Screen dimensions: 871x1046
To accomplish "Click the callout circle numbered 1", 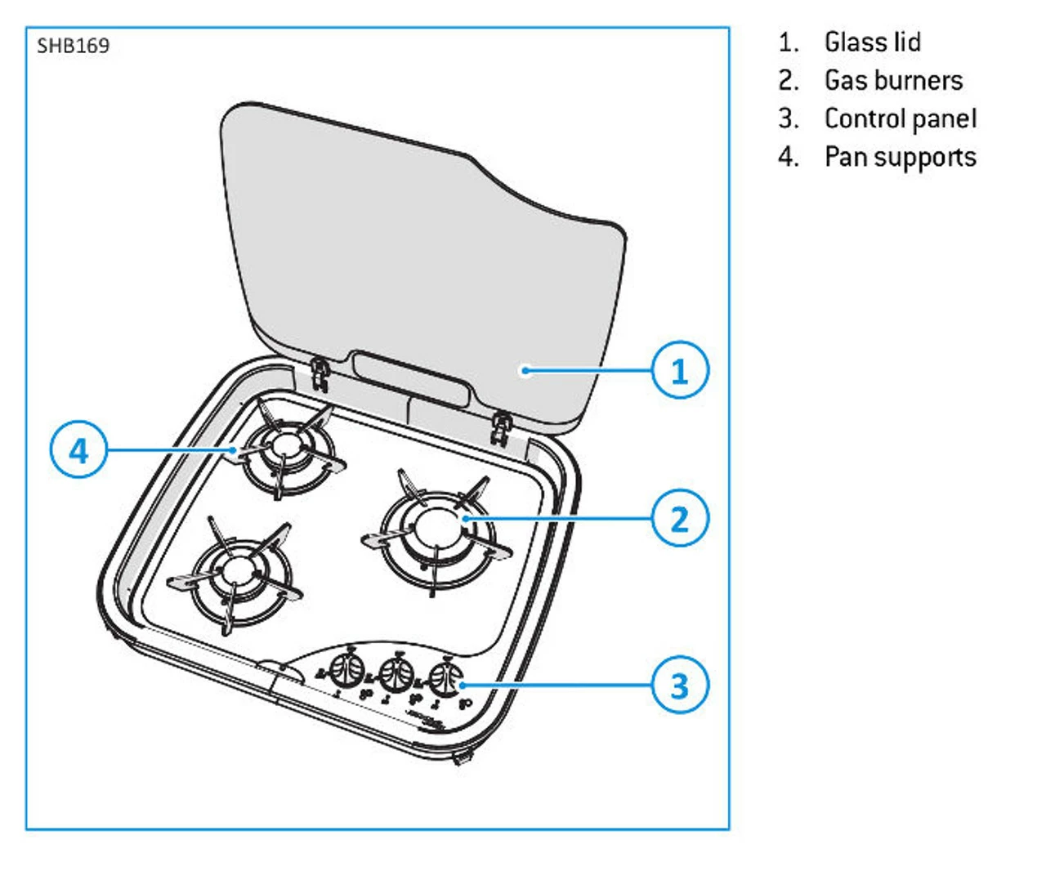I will pyautogui.click(x=680, y=370).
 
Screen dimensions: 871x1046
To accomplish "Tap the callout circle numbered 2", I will pyautogui.click(x=680, y=518).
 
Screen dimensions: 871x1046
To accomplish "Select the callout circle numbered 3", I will pyautogui.click(x=680, y=685).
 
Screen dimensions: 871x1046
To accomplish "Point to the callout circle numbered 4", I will pyautogui.click(x=78, y=450).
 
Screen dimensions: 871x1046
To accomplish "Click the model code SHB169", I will pyautogui.click(x=73, y=46).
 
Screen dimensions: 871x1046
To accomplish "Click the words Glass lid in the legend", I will pyautogui.click(x=872, y=42).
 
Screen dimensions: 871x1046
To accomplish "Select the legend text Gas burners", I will pyautogui.click(x=893, y=80).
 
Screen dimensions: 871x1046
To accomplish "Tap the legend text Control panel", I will pyautogui.click(x=901, y=118).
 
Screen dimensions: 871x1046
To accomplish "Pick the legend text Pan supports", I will pyautogui.click(x=901, y=157).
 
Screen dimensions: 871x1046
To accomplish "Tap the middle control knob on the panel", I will pyautogui.click(x=396, y=674).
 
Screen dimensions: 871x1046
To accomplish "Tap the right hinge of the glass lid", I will pyautogui.click(x=499, y=427).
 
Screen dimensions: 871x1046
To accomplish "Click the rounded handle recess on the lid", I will pyautogui.click(x=411, y=380).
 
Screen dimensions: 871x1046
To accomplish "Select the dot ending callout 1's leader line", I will pyautogui.click(x=525, y=370).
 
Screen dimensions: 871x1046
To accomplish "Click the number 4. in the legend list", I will pyautogui.click(x=788, y=157).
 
